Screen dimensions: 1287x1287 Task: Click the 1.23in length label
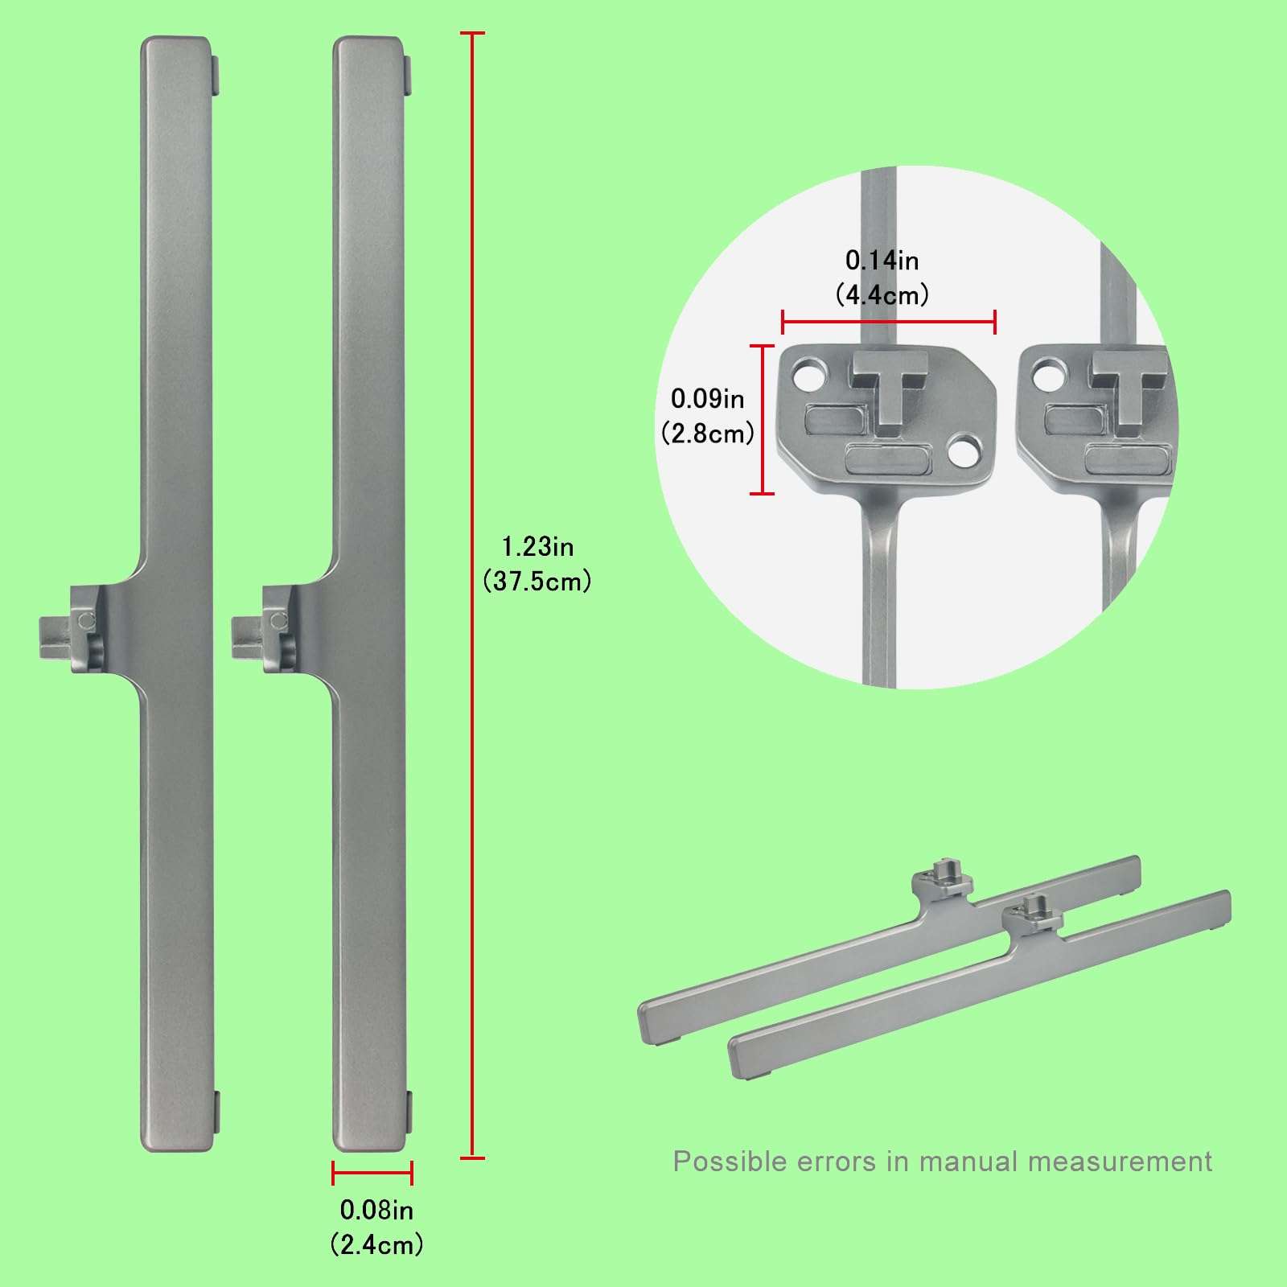coord(537,547)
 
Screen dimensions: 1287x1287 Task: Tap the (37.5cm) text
coord(537,582)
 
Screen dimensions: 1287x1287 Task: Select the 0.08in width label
coord(376,1209)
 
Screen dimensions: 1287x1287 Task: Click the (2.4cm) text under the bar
coord(376,1244)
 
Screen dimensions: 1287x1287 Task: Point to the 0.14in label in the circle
coord(882,261)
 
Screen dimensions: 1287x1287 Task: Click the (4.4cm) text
coord(882,295)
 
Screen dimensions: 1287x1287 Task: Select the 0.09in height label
coord(707,399)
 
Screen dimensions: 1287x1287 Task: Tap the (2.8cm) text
coord(707,434)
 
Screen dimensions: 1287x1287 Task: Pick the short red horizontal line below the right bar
coord(372,1173)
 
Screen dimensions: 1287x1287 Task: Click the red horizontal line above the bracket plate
coord(889,323)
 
